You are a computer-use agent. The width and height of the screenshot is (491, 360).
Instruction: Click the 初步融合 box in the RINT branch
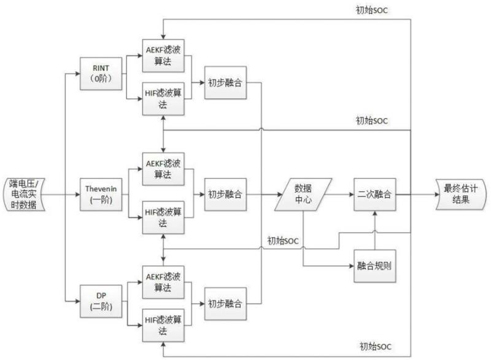pyautogui.click(x=225, y=82)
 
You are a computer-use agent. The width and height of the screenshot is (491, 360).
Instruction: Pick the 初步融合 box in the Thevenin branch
pyautogui.click(x=225, y=194)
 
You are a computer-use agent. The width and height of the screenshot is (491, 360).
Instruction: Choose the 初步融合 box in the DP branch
pyautogui.click(x=225, y=303)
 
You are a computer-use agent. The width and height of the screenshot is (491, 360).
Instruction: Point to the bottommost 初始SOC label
pyautogui.click(x=375, y=347)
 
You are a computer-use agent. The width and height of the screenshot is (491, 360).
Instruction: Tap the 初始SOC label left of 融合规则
pyautogui.click(x=283, y=241)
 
